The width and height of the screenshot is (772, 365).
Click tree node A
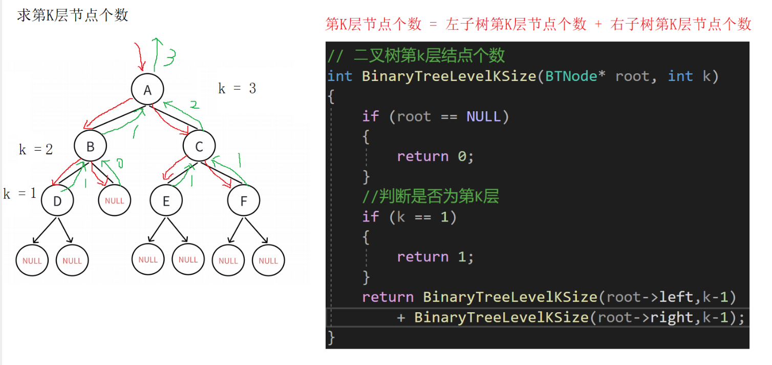click(x=147, y=90)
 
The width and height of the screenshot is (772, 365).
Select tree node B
click(x=90, y=147)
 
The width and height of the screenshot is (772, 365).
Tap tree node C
click(x=199, y=147)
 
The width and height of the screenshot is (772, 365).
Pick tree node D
click(x=57, y=201)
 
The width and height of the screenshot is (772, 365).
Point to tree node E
click(x=166, y=201)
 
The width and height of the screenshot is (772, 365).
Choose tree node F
click(x=244, y=201)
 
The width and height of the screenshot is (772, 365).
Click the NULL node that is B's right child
click(x=114, y=201)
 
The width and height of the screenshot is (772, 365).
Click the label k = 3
click(x=237, y=89)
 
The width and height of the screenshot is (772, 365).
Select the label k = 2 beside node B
click(x=36, y=150)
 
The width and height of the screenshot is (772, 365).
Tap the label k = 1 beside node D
click(x=20, y=194)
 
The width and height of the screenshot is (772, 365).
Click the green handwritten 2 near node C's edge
click(x=194, y=105)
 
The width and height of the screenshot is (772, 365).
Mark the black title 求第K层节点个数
click(x=72, y=15)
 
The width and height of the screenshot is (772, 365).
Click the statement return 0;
click(x=435, y=156)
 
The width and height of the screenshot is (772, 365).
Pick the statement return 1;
click(x=435, y=257)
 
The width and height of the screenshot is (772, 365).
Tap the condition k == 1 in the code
click(x=422, y=217)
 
